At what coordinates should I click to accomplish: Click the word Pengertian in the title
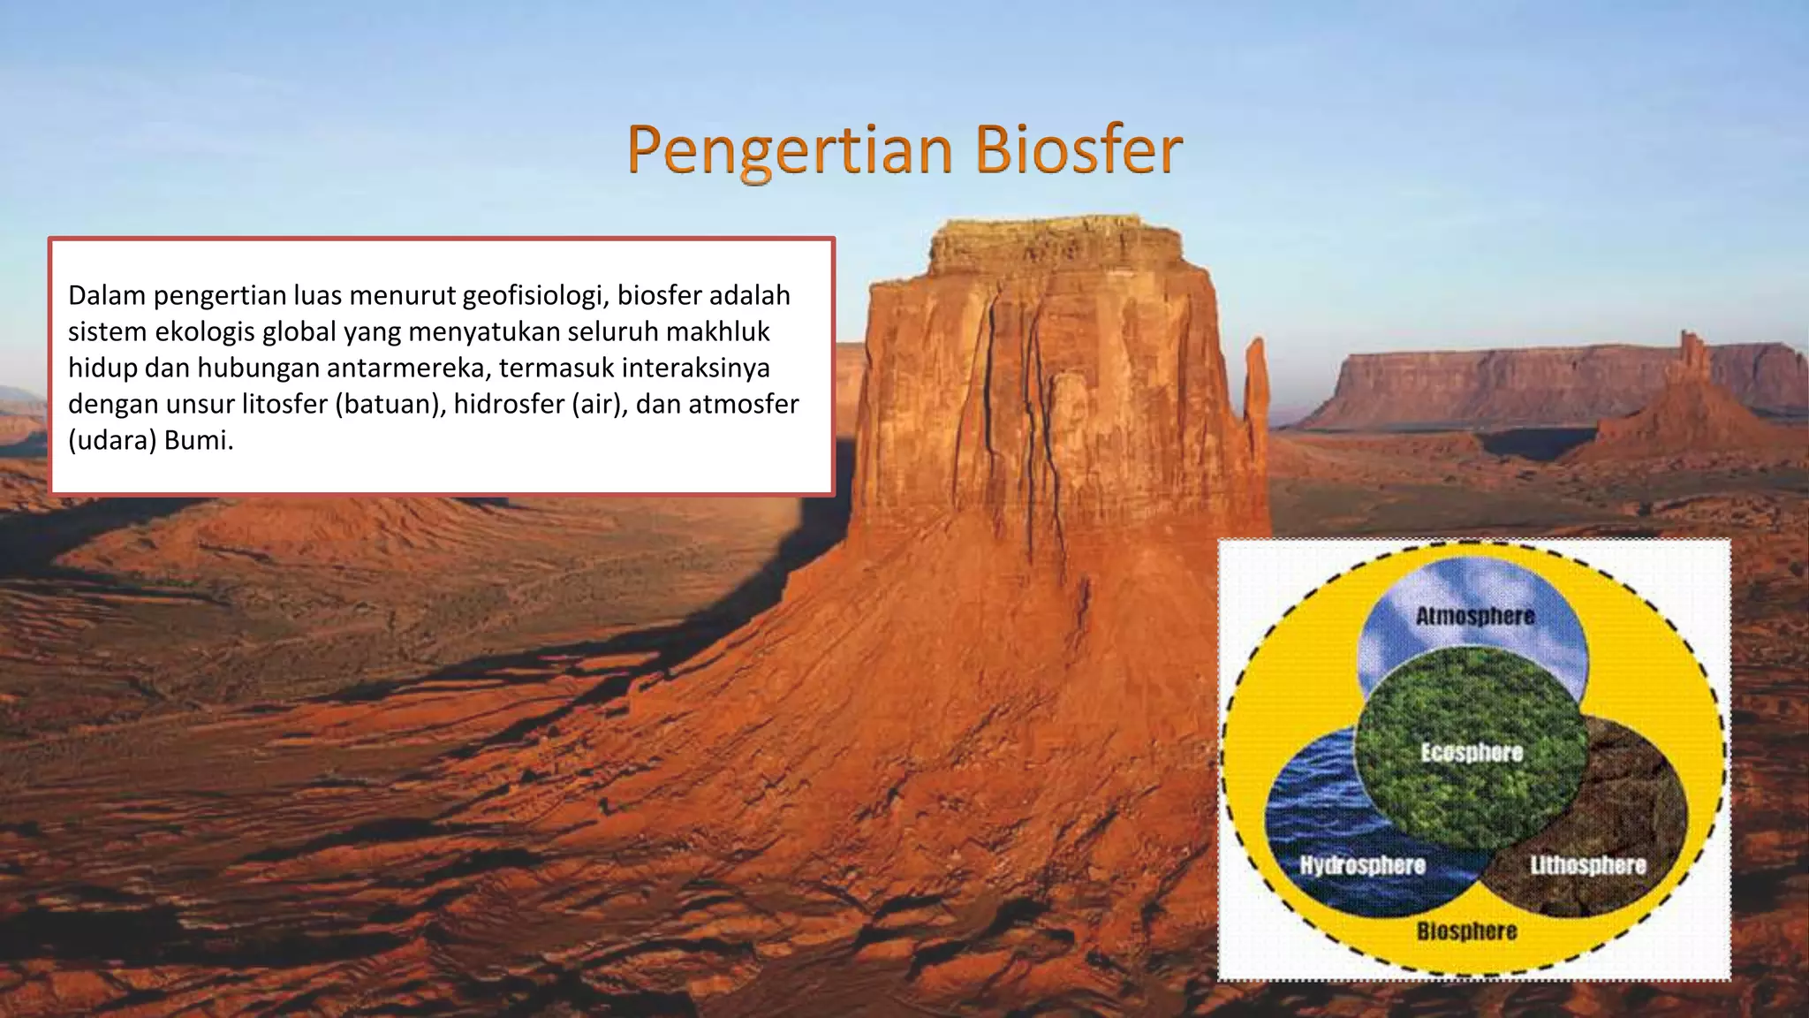point(790,150)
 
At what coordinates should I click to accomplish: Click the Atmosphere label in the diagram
point(1474,616)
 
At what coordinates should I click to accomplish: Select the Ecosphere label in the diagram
point(1472,752)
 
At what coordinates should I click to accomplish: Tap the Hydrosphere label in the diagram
point(1362,864)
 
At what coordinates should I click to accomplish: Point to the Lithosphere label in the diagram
point(1587,864)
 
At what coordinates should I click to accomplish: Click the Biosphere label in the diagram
point(1466,931)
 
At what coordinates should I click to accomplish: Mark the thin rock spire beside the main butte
point(1255,389)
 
